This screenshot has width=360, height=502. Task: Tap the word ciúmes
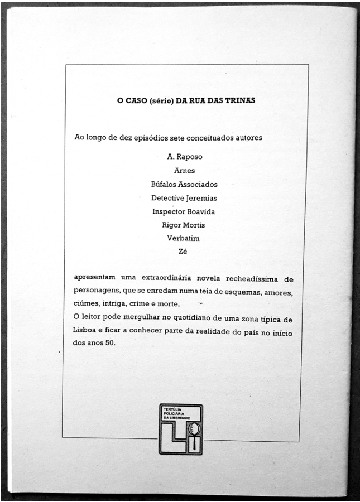pyautogui.click(x=85, y=305)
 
